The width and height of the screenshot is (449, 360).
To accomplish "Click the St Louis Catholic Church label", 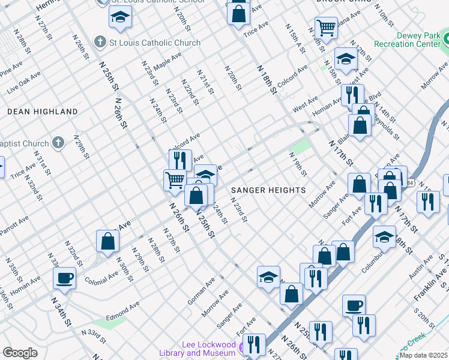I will pyautogui.click(x=146, y=43).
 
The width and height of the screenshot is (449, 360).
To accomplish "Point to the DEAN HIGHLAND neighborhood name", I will pyautogui.click(x=43, y=112).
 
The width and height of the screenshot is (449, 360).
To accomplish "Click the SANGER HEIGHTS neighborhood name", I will pyautogui.click(x=268, y=190).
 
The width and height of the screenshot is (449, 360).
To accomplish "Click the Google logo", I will pyautogui.click(x=20, y=353).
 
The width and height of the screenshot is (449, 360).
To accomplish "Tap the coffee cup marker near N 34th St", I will pyautogui.click(x=65, y=277).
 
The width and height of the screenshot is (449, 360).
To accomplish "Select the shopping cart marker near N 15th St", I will pyautogui.click(x=326, y=27).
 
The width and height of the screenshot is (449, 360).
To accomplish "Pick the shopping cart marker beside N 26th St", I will pyautogui.click(x=175, y=179).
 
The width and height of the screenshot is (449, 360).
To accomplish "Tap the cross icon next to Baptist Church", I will pyautogui.click(x=58, y=143).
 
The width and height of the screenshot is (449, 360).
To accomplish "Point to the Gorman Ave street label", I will pyautogui.click(x=200, y=291).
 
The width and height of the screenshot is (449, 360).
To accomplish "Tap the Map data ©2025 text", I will pyautogui.click(x=424, y=355).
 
